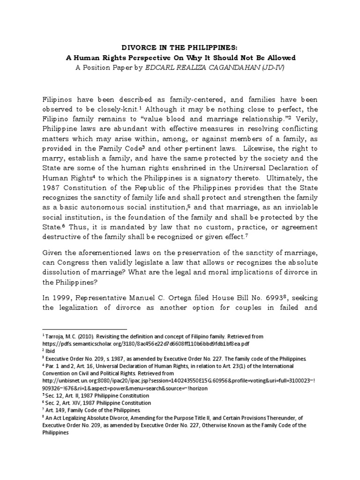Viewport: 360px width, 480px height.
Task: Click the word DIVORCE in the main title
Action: pos(138,48)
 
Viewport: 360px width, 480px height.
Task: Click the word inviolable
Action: pos(300,207)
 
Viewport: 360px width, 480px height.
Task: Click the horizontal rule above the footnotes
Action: pos(85,330)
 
